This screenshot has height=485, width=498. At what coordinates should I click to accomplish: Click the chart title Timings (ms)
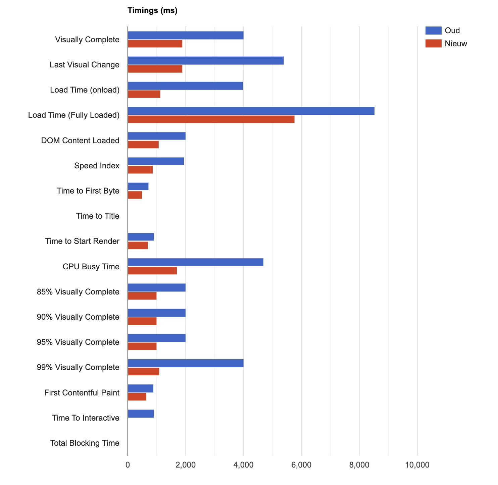click(152, 11)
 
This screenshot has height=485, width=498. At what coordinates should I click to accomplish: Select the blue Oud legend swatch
click(433, 31)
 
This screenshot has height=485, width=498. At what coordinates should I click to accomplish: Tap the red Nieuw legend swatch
click(433, 44)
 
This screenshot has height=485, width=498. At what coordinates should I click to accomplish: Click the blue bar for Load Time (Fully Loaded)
click(251, 111)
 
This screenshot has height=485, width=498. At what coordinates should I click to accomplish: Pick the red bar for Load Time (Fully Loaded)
click(211, 119)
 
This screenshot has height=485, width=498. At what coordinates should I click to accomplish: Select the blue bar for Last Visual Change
click(206, 61)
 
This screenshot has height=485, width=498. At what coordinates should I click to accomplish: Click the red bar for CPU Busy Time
click(152, 271)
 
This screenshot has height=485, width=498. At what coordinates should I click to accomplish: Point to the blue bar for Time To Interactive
click(141, 414)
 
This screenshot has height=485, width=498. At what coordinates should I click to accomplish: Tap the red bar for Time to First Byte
click(135, 195)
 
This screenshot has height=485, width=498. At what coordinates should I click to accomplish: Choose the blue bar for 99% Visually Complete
click(186, 363)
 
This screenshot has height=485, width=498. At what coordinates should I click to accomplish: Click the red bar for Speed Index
click(140, 170)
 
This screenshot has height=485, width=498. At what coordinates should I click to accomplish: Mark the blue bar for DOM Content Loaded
click(157, 136)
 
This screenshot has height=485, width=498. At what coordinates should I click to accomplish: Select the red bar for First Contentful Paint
click(137, 397)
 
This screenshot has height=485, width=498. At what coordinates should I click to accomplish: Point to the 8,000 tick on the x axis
click(359, 465)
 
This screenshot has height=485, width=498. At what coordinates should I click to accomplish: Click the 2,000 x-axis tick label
click(186, 465)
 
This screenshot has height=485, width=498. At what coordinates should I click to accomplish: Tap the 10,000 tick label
click(417, 465)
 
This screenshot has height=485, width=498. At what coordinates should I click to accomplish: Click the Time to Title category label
click(98, 216)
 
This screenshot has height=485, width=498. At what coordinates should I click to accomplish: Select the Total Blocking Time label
click(85, 443)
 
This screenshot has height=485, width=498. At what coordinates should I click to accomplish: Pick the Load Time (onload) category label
click(85, 90)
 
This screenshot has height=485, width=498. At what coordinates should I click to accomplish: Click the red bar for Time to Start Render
click(138, 246)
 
